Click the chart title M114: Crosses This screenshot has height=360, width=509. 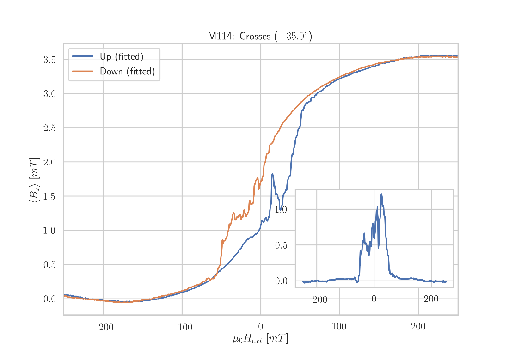[x=259, y=37]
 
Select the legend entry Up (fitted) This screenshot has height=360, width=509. [x=121, y=57]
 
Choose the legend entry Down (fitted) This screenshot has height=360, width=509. [x=127, y=72]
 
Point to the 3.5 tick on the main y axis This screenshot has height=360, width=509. [x=49, y=60]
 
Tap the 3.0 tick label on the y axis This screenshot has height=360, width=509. [x=49, y=94]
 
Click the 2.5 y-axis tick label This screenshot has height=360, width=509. [x=49, y=128]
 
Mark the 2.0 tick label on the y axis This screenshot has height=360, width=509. [x=49, y=162]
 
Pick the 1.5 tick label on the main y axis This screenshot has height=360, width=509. [x=49, y=196]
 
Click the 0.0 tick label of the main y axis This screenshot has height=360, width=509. [x=49, y=299]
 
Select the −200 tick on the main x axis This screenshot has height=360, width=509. [x=102, y=328]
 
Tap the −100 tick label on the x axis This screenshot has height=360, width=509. [x=181, y=328]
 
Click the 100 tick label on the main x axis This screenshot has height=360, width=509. [x=339, y=328]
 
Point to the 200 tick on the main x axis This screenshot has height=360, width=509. [x=418, y=328]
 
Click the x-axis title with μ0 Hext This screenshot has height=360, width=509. [x=260, y=339]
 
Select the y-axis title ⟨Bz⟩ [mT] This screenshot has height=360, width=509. [x=35, y=179]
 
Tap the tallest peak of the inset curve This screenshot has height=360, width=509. [x=381, y=194]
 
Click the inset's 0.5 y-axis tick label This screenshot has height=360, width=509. [x=281, y=245]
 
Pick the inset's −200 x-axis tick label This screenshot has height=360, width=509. [x=316, y=299]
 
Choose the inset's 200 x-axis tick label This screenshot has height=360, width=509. [x=431, y=299]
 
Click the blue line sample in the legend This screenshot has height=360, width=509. [x=83, y=57]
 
